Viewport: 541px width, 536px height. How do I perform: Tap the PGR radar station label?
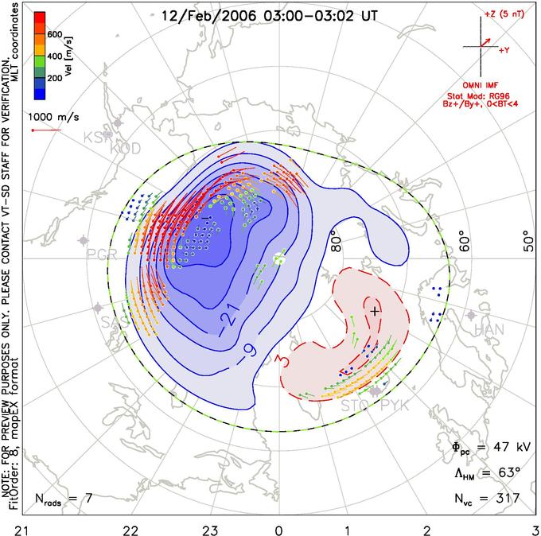(101, 254)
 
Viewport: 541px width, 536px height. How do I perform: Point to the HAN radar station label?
(489, 329)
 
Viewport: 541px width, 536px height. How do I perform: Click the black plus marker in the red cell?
(374, 309)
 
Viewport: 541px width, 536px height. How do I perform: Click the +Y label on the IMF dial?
(504, 49)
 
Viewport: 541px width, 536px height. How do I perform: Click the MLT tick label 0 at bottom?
(278, 528)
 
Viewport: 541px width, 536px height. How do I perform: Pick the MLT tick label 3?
(535, 528)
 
